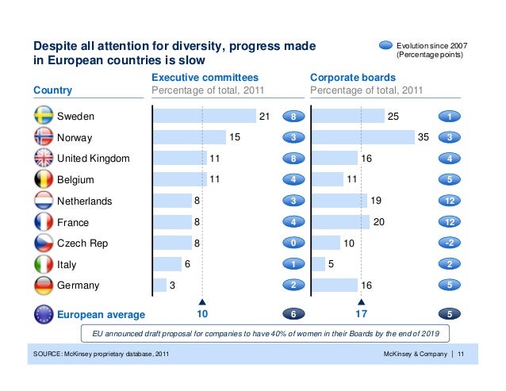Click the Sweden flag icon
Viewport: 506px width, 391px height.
(43, 116)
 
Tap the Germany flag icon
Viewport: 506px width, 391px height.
(43, 285)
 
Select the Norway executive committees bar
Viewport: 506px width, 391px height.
(189, 137)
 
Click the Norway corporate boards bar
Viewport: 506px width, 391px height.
(362, 137)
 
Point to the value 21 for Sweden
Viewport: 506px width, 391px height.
(264, 117)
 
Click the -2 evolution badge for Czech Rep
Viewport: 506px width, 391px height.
(450, 243)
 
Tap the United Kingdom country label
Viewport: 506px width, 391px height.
(93, 159)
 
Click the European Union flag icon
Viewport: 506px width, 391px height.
(43, 314)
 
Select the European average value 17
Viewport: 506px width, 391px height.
(361, 315)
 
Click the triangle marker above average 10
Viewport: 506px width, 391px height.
(202, 302)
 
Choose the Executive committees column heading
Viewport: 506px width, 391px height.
(205, 78)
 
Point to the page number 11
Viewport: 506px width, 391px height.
(462, 354)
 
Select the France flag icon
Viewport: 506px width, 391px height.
(43, 221)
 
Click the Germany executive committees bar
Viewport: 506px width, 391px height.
(159, 286)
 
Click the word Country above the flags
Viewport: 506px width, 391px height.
(53, 90)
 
